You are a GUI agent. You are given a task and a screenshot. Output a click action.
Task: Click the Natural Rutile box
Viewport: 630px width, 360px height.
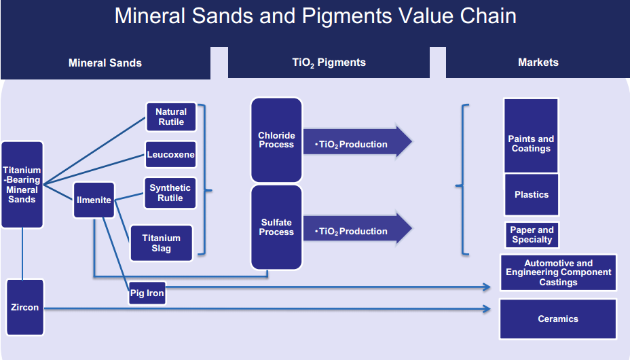tap(170, 117)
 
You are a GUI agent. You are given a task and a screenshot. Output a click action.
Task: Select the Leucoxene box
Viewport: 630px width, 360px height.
tap(170, 155)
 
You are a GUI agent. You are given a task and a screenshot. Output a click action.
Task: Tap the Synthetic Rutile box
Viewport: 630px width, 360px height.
tap(170, 193)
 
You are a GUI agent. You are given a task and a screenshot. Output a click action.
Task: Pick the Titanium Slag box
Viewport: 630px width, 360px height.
tap(161, 243)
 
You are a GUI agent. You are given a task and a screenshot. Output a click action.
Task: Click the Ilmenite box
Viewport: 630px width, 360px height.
tap(94, 200)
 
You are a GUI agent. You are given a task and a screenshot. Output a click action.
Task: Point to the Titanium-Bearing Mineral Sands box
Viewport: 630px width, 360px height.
tap(22, 185)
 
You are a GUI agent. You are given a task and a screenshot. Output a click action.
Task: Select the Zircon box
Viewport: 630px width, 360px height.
tap(25, 308)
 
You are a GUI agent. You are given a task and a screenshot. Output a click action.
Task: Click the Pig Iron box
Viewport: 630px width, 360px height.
tap(147, 293)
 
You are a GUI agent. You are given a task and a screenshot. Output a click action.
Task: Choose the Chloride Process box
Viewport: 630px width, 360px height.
tap(276, 140)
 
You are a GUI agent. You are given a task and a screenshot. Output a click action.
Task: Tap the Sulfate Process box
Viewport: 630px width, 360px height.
tap(276, 228)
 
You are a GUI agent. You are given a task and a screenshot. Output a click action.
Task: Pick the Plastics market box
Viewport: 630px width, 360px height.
tap(531, 195)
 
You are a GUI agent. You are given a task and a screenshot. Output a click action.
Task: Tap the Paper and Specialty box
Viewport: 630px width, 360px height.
tap(532, 234)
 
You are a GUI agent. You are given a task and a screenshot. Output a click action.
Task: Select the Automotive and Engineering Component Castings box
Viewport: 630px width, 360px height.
tap(558, 272)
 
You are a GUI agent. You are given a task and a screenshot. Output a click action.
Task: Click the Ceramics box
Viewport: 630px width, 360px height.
tap(558, 319)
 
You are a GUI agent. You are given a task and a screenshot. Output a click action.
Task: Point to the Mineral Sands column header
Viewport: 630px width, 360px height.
tap(105, 62)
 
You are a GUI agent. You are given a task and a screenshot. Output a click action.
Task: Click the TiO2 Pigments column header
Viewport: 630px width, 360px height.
tap(329, 62)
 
